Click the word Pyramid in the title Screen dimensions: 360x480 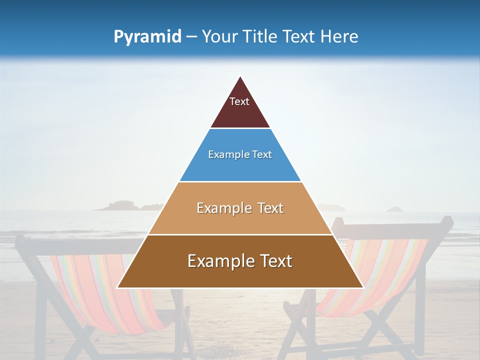point(147,37)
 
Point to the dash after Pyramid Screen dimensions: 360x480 point(191,37)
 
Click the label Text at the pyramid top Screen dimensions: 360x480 point(239,101)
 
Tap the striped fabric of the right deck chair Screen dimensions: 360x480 point(380,270)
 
